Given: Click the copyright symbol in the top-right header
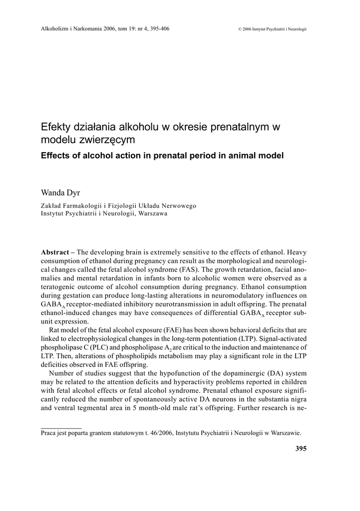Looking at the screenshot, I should click(x=240, y=29).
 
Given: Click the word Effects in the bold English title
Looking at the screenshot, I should click(x=57, y=155).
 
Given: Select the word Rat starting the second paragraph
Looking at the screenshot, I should click(x=55, y=330).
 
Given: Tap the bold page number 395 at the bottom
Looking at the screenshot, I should click(x=301, y=449).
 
